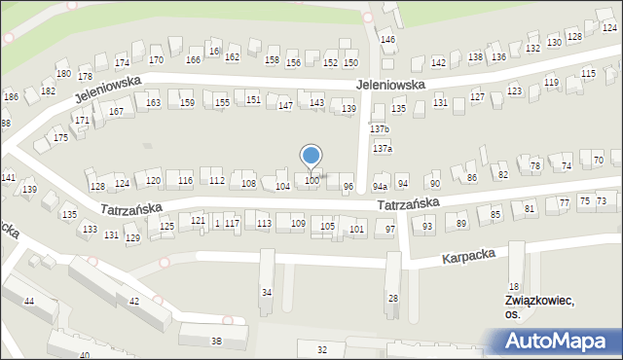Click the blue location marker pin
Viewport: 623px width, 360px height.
coord(311,157)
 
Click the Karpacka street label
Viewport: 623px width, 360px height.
coord(468,256)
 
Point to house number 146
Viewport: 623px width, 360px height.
coord(387,40)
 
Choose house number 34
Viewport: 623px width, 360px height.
coord(267,292)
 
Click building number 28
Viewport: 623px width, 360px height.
coord(393,298)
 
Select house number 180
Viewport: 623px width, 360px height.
coord(63,74)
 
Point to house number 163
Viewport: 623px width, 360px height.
coord(153,102)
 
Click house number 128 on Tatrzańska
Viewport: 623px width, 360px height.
coord(96,186)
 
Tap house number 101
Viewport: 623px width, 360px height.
coord(357,230)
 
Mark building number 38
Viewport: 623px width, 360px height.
coord(216,341)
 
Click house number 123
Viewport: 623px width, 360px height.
coord(514,90)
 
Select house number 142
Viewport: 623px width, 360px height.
coord(438,62)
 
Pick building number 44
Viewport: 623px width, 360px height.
coord(28,302)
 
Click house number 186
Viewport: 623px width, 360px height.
coord(11,97)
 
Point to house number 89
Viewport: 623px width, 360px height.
coord(461,224)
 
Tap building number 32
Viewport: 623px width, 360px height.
coord(322,349)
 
